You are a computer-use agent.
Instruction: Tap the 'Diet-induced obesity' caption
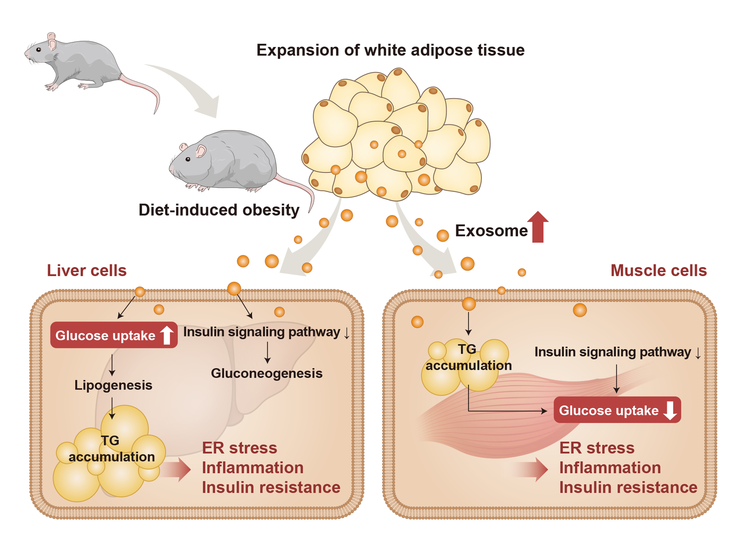pyautogui.click(x=219, y=210)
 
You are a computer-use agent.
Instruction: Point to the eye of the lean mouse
pyautogui.click(x=39, y=50)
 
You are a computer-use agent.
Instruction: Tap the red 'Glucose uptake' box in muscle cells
pyautogui.click(x=617, y=410)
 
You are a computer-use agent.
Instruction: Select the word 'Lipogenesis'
pyautogui.click(x=113, y=385)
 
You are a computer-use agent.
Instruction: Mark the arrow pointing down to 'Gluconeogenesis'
pyautogui.click(x=267, y=353)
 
